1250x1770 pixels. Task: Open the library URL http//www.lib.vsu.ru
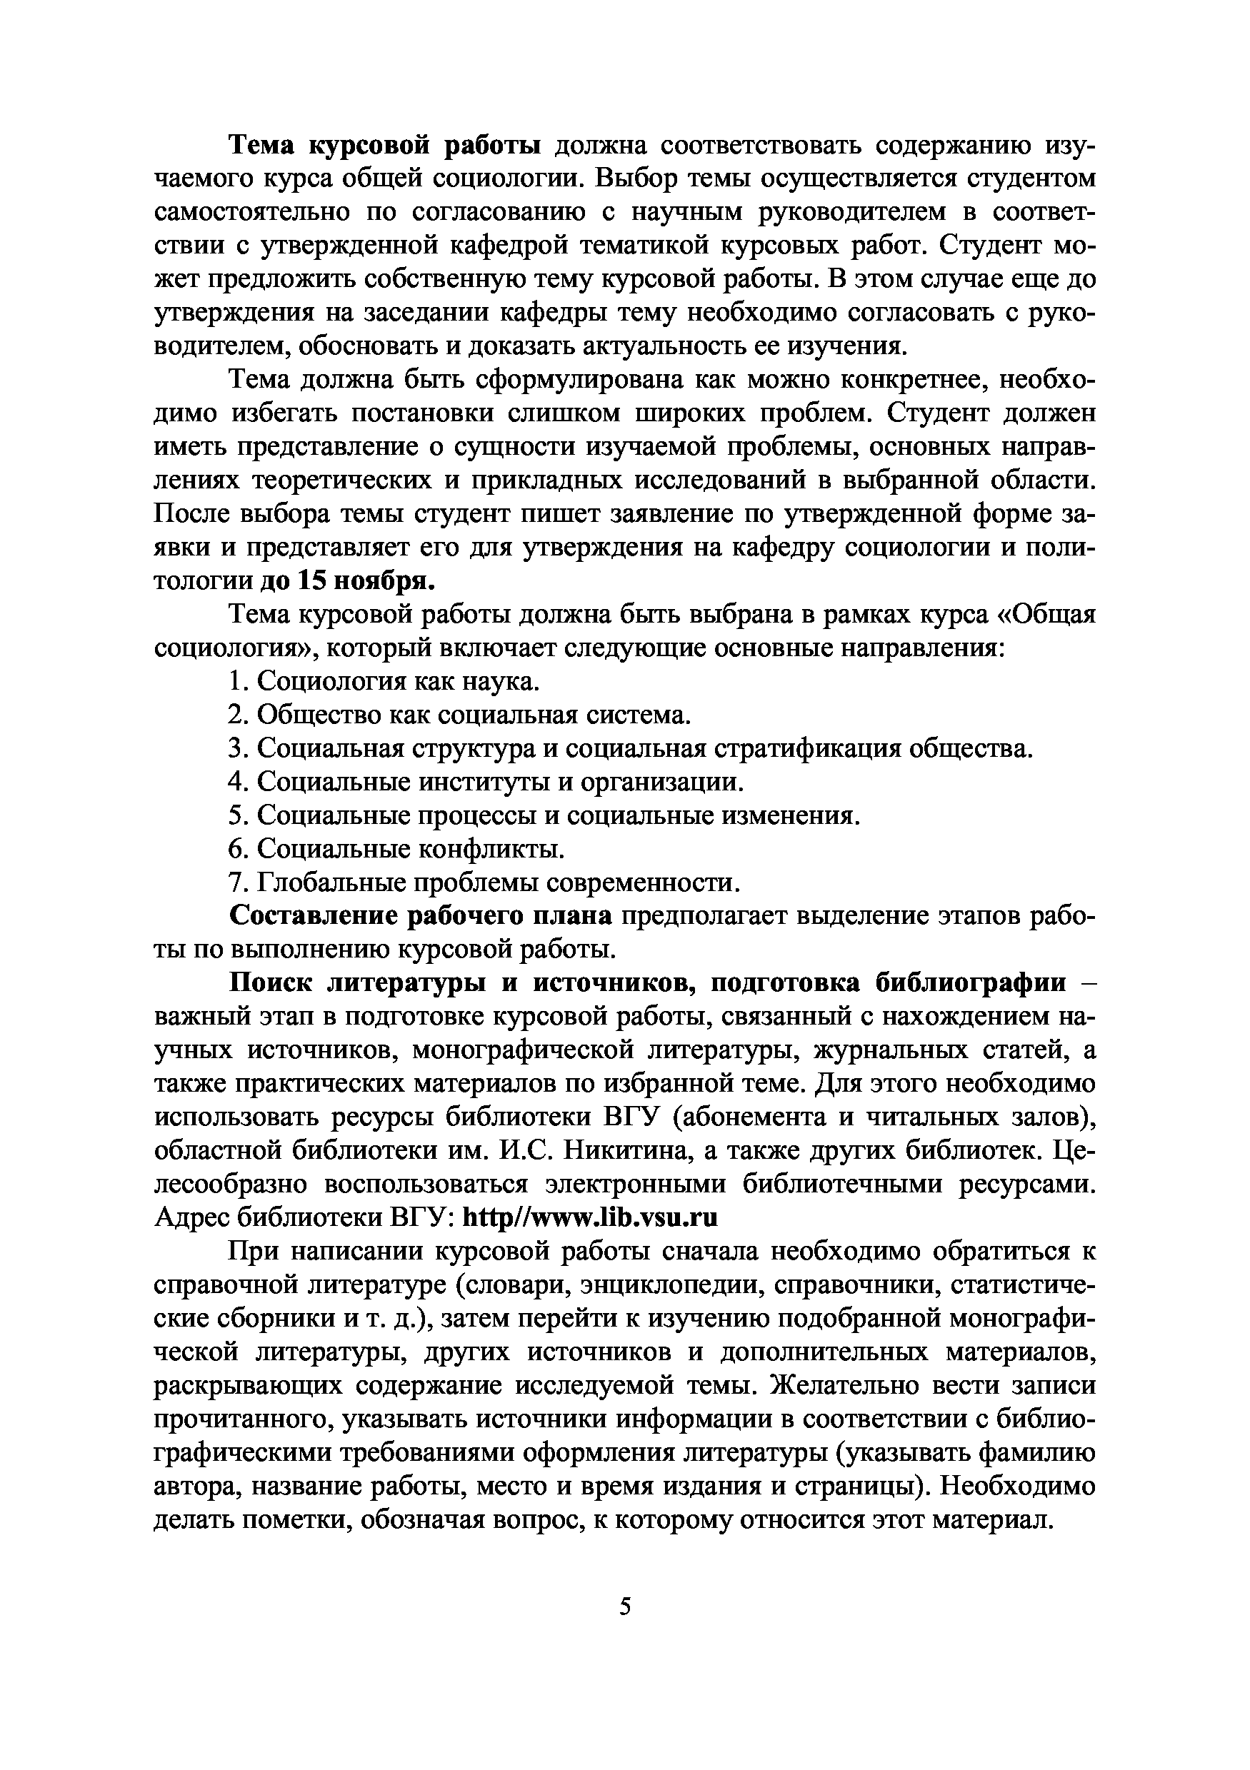pyautogui.click(x=590, y=1217)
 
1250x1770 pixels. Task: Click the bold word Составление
pyautogui.click(x=312, y=916)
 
